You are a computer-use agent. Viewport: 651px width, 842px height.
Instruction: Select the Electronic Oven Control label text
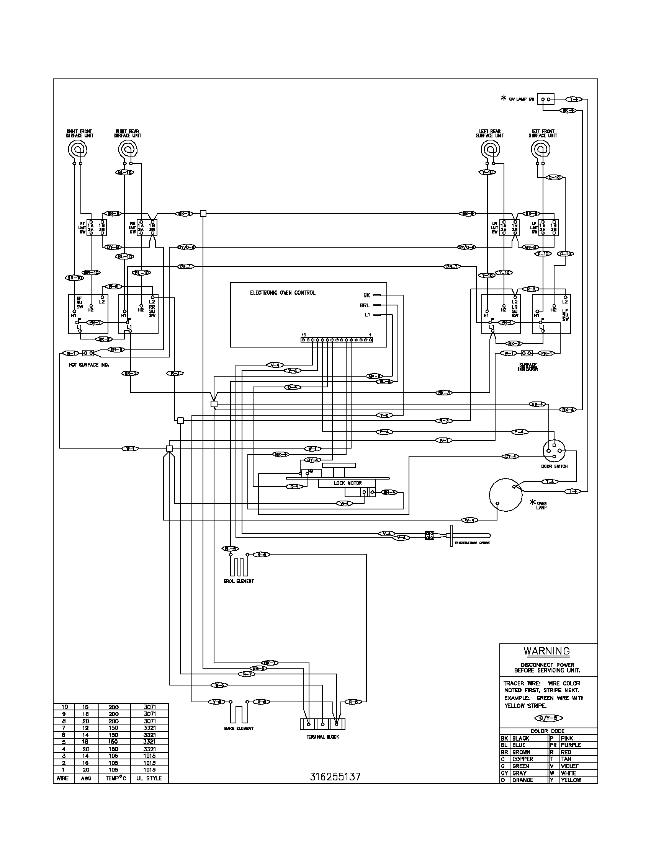[x=282, y=293]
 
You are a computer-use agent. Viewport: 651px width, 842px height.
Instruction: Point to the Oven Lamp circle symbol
[x=505, y=494]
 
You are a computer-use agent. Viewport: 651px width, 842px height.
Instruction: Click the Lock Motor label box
[x=347, y=483]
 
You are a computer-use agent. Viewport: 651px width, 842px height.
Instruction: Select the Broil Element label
[x=239, y=581]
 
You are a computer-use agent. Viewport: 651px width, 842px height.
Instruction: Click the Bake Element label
[x=239, y=728]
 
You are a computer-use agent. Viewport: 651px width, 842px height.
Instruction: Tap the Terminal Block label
[x=322, y=737]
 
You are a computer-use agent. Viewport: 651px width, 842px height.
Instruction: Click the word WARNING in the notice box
[x=546, y=651]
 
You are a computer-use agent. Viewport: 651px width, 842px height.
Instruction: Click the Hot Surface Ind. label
[x=89, y=365]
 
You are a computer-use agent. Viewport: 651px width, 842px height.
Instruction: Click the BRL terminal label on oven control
[x=365, y=305]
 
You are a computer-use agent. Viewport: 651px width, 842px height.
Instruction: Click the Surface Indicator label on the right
[x=528, y=367]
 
